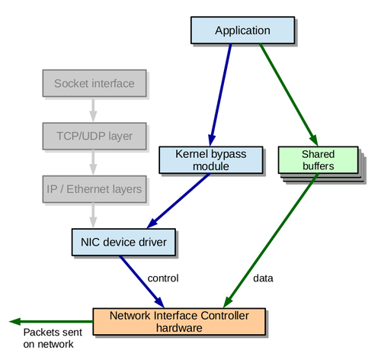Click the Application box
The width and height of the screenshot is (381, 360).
[242, 31]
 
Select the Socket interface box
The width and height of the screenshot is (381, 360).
[94, 83]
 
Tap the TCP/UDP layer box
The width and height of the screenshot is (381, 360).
[94, 136]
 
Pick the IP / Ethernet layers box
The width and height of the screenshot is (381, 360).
[94, 189]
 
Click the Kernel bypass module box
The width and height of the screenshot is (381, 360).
[211, 160]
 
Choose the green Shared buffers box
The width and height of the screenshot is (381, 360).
[318, 160]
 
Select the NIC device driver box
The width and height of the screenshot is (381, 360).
[123, 242]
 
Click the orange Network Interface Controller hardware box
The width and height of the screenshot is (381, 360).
[179, 322]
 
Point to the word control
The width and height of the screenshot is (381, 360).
[163, 278]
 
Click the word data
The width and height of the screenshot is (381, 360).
[263, 278]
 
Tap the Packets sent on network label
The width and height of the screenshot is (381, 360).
[53, 338]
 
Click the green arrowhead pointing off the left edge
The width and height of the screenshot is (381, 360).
[14, 322]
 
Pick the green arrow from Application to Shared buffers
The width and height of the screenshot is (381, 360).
[289, 95]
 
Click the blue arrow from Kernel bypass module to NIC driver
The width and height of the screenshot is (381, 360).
[178, 201]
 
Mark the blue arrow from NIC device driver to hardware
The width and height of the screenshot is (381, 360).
[142, 281]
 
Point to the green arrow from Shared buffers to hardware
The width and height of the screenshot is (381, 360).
[271, 240]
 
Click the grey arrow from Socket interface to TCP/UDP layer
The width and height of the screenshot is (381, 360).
[93, 111]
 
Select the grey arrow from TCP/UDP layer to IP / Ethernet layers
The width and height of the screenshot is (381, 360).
[93, 162]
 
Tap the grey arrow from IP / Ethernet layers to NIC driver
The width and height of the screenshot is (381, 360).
[93, 216]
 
